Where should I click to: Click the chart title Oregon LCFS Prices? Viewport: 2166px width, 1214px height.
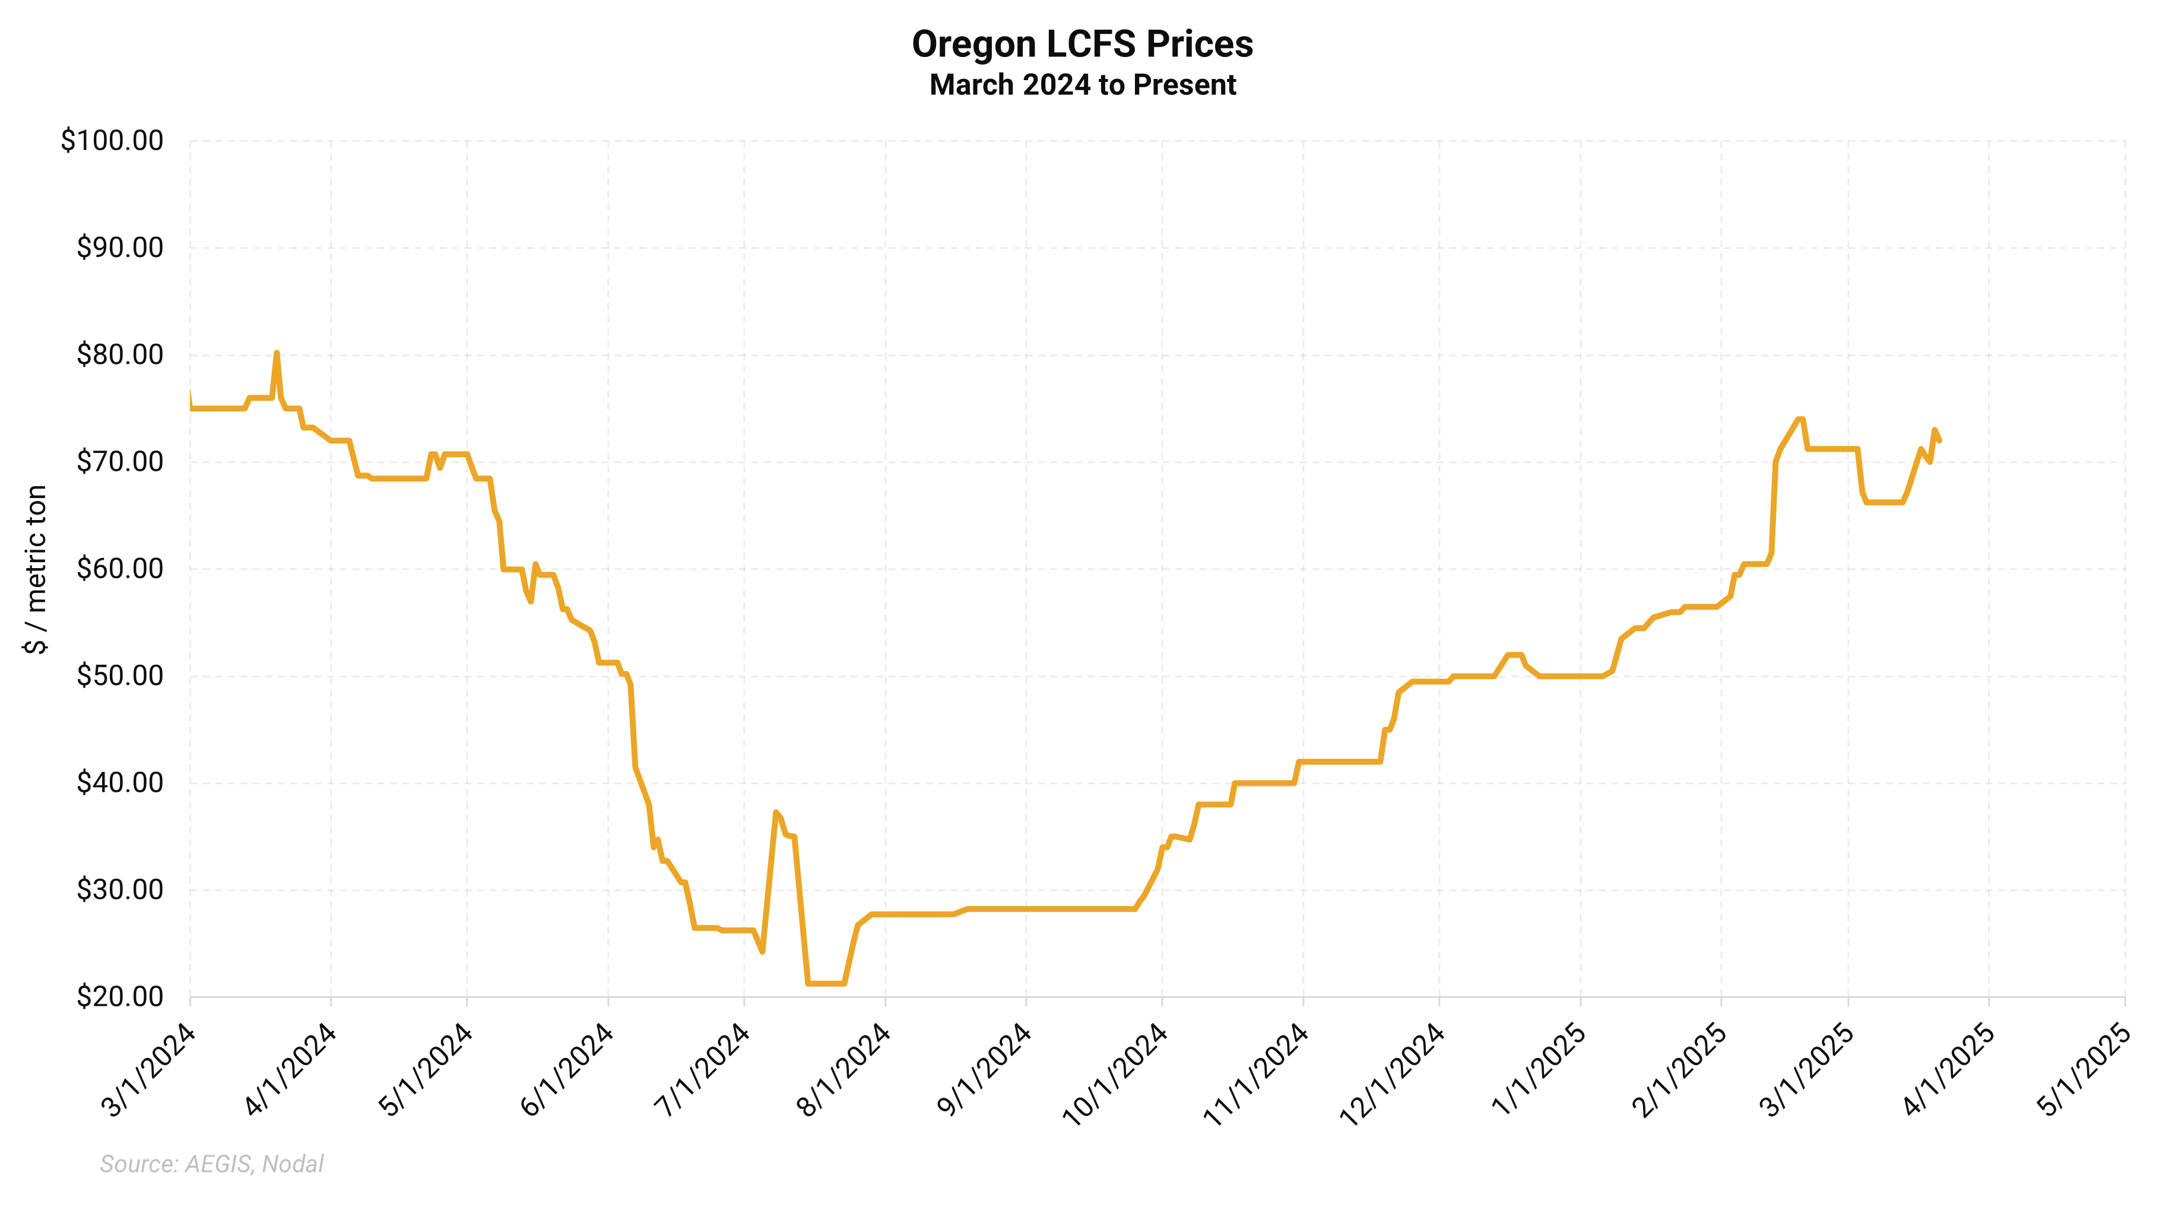(1082, 45)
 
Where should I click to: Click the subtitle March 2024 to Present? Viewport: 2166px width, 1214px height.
(1082, 85)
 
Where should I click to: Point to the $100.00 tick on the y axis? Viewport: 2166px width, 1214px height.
(112, 141)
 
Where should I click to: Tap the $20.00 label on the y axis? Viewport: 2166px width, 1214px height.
(119, 997)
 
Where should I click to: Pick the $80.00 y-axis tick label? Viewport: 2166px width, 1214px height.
(119, 355)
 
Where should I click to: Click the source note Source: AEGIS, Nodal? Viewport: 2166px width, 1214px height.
(212, 1164)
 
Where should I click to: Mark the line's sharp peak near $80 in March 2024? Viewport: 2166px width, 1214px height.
(277, 354)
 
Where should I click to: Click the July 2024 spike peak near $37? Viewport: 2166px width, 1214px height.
(775, 812)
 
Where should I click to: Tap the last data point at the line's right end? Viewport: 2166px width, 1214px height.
(1939, 440)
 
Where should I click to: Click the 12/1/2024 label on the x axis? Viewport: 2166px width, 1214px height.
(1393, 1073)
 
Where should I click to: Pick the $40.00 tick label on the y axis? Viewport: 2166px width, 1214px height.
(119, 782)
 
